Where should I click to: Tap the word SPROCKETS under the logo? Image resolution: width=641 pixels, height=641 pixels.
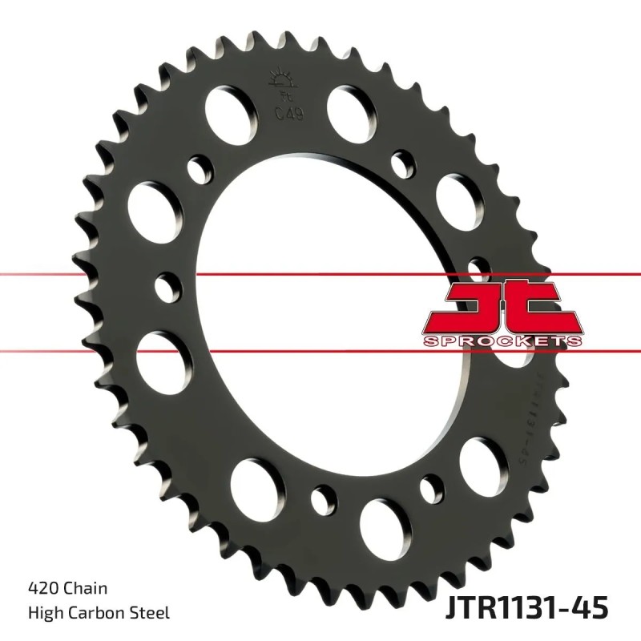502,341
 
